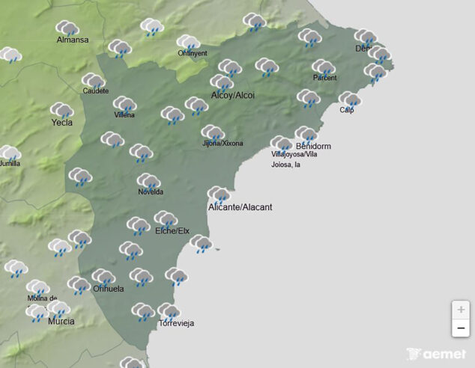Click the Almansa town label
click(73, 40)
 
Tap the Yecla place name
click(61, 122)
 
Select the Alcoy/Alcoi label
click(233, 95)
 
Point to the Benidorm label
click(313, 146)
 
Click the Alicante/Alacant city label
click(240, 206)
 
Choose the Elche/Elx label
click(172, 230)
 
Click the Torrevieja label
click(176, 323)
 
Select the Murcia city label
click(61, 321)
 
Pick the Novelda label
click(151, 192)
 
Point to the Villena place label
click(124, 115)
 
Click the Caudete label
click(96, 91)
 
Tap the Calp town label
click(346, 110)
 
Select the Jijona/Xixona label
click(223, 143)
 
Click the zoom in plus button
click(461, 310)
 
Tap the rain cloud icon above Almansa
click(68, 28)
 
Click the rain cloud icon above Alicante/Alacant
click(219, 194)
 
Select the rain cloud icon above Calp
click(350, 99)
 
